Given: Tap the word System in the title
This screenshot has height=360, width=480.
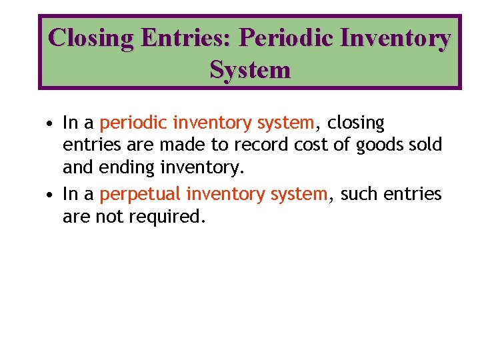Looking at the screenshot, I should tap(250, 69).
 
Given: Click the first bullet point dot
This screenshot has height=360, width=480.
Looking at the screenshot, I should tap(50, 123).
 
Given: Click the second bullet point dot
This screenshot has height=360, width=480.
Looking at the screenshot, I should tap(50, 195).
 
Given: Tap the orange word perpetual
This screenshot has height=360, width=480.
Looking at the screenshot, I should tap(140, 195).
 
